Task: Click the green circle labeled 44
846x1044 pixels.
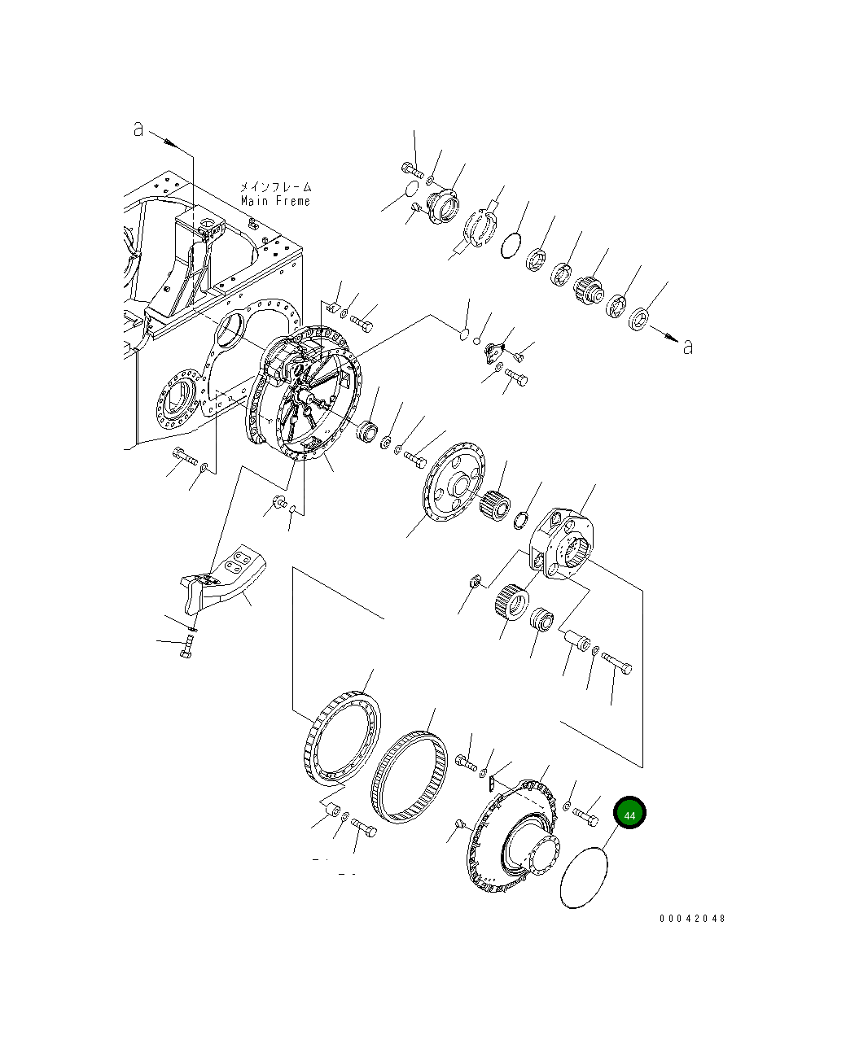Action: click(x=629, y=814)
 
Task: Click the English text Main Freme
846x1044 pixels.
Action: click(x=275, y=201)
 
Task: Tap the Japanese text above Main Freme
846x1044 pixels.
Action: click(x=275, y=186)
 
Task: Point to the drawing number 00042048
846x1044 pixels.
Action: click(x=691, y=919)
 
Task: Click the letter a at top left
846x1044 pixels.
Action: click(x=138, y=129)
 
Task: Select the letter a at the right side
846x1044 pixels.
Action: click(x=688, y=347)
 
